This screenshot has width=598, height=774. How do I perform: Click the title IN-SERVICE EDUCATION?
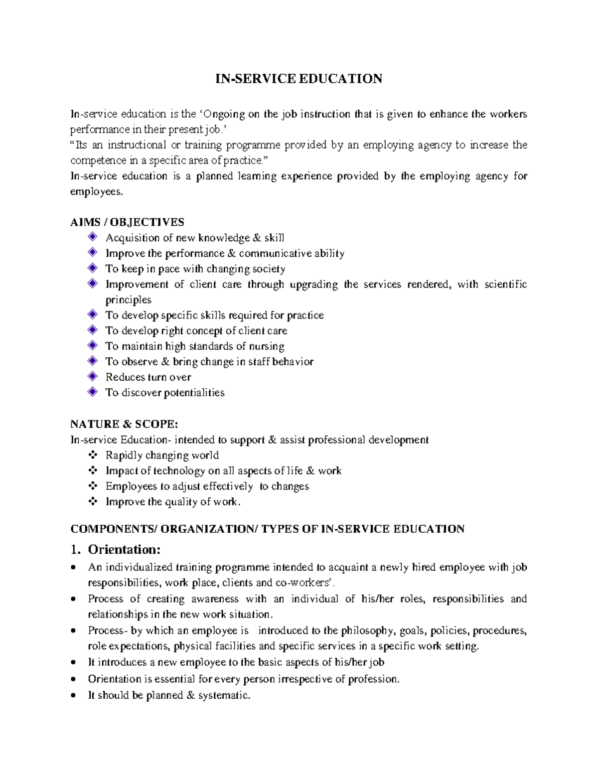[299, 79]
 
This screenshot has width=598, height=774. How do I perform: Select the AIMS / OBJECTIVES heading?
[127, 222]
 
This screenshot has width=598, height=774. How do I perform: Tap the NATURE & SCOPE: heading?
[124, 424]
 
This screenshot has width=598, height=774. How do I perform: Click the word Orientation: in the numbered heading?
[124, 549]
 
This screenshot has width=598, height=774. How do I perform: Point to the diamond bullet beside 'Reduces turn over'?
[92, 376]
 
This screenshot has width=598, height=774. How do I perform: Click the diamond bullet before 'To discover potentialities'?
[92, 392]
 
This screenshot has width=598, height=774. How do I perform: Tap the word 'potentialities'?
[194, 393]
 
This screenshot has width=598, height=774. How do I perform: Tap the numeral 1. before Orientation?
[75, 550]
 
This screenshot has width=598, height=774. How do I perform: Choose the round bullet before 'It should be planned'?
[74, 695]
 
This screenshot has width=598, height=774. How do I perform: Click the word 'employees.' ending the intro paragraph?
[96, 192]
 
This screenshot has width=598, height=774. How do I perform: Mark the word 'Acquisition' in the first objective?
[132, 238]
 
